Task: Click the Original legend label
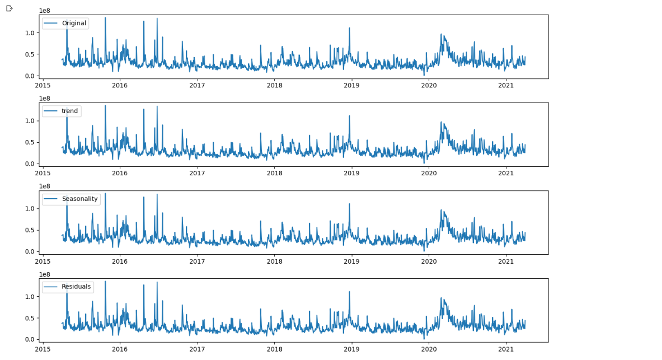74,24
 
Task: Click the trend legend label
70,111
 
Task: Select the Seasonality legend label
79,199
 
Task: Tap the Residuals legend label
76,287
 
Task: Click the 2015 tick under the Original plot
43,85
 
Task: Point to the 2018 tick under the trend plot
274,173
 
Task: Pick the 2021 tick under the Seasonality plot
506,261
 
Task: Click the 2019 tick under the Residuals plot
351,349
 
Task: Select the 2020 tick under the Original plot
429,85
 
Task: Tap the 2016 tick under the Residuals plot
120,349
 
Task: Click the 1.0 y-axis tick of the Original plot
30,33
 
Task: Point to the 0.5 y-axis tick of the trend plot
30,142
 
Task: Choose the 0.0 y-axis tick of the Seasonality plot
30,252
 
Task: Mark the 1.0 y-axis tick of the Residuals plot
30,297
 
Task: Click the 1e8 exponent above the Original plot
44,11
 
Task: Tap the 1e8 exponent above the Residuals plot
44,274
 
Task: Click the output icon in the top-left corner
9,8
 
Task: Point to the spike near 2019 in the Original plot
349,28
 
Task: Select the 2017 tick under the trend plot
197,173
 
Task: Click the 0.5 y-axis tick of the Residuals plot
30,318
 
